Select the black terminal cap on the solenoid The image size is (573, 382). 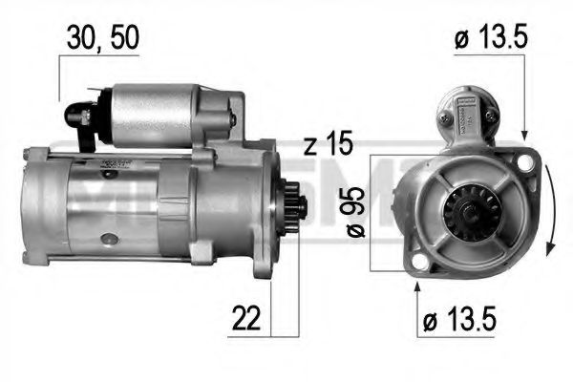(77, 114)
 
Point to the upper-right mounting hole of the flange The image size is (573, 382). (522, 164)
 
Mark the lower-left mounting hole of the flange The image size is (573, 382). (416, 265)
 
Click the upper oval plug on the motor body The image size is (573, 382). (113, 163)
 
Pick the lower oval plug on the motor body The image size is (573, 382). (112, 236)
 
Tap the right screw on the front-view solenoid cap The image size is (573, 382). (489, 117)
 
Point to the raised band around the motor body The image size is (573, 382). (174, 202)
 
